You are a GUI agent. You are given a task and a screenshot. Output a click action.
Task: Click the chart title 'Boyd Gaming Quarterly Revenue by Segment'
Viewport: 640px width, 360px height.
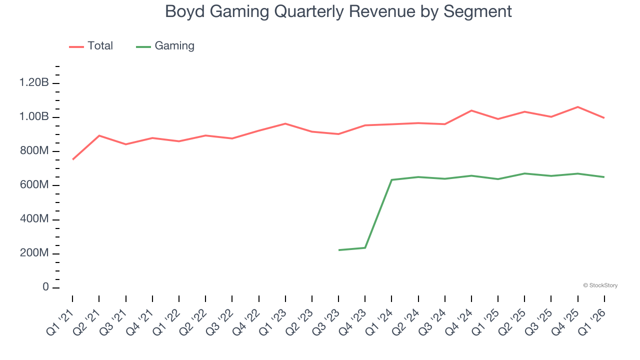[x=338, y=11]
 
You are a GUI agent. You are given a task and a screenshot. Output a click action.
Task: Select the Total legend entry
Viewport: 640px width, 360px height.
[x=91, y=46]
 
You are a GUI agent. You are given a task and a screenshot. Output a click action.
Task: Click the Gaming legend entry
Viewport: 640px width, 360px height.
[x=165, y=46]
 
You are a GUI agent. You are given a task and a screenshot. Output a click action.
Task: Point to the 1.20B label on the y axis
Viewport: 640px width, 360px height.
[x=34, y=83]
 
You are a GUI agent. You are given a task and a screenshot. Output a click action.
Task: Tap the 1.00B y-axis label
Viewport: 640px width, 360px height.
[x=34, y=117]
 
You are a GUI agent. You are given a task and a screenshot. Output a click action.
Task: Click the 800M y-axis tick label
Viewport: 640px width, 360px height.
[x=34, y=151]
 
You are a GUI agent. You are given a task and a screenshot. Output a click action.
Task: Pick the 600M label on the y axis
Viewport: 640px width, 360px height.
[x=34, y=185]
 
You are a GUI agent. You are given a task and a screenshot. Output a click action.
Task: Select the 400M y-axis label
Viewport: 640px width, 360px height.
[x=34, y=219]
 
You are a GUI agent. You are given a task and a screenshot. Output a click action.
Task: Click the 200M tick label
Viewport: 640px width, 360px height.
[x=34, y=253]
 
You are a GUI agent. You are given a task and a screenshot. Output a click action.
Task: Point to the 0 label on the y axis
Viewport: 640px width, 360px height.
[x=45, y=287]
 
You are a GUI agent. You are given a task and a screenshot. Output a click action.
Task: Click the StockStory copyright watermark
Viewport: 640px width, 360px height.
[x=600, y=285]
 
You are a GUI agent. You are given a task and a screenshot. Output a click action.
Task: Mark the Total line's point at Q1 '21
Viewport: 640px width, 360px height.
[x=72, y=159]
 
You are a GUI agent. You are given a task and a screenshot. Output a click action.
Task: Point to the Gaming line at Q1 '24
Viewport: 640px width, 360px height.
[x=392, y=180]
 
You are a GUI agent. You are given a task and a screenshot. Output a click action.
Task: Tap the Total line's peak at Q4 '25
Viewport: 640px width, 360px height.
[x=578, y=107]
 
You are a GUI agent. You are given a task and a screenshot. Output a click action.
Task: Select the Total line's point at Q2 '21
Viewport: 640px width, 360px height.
[x=99, y=135]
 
